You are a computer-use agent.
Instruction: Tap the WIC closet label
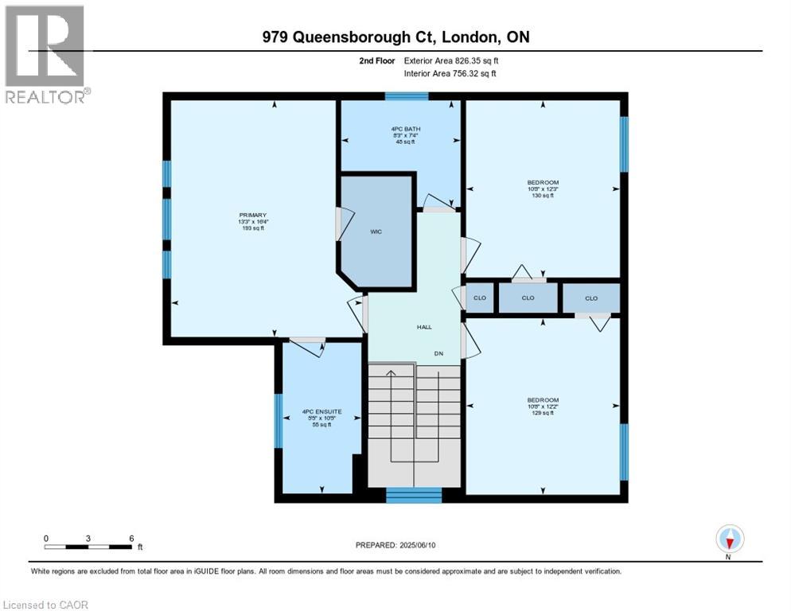pos(376,232)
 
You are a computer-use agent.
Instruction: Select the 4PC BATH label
pos(402,128)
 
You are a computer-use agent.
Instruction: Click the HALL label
pos(424,327)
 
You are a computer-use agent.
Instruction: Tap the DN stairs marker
pos(438,353)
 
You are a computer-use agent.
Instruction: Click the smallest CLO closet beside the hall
pos(479,298)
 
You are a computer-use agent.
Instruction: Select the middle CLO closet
pos(528,298)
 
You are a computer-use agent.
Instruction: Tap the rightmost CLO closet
pos(590,298)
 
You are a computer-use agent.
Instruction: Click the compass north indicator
pos(729,539)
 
